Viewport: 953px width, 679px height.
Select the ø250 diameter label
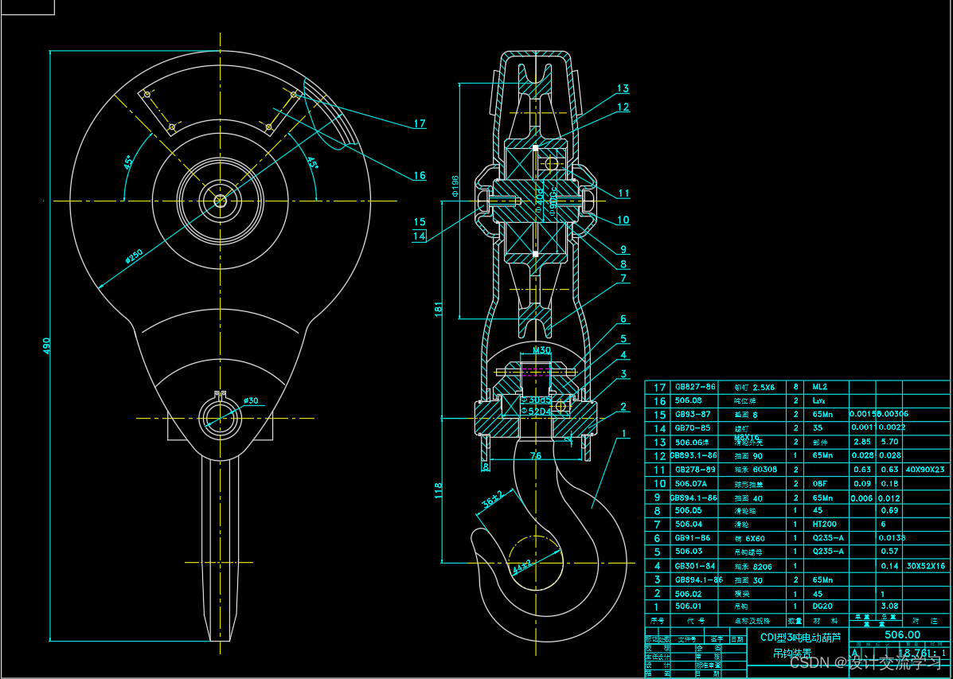point(134,256)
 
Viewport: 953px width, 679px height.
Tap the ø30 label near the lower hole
point(252,400)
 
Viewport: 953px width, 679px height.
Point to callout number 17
point(420,123)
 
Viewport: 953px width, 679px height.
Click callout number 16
point(419,176)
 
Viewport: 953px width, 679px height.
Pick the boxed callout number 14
point(420,236)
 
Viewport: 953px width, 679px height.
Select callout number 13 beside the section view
point(623,88)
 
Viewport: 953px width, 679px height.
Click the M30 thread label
point(541,350)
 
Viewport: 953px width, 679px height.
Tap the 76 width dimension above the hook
point(536,456)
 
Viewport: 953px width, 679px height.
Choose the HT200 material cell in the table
point(822,524)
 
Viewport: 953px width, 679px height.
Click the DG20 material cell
point(822,607)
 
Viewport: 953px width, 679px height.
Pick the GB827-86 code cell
point(695,387)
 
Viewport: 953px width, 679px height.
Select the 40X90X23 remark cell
point(924,470)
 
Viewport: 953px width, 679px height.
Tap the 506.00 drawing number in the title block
point(902,634)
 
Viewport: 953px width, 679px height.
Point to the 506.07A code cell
point(690,483)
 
